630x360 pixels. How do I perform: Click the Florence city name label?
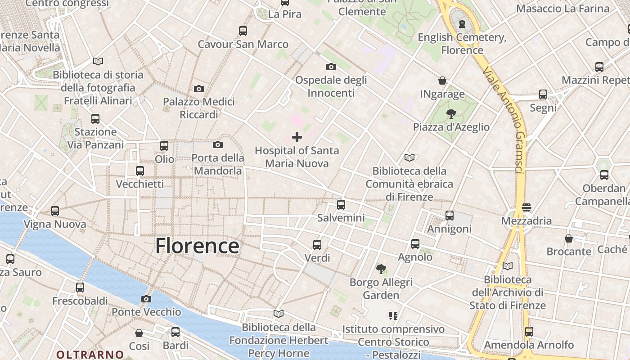197,246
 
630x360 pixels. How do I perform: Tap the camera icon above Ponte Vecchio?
146,299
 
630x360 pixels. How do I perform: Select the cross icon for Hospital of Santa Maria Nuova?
297,137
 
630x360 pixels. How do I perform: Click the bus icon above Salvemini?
341,205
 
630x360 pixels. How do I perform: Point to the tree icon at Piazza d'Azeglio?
451,114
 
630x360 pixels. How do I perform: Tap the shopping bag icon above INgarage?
442,81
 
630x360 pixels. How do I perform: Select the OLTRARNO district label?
90,355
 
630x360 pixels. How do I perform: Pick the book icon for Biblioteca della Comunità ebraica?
409,157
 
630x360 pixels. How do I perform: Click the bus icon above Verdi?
317,245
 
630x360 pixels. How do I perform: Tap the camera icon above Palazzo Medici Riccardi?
199,89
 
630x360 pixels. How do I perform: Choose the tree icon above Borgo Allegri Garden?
381,269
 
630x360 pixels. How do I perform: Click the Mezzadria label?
526,221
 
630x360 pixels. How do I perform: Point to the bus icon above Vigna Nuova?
55,211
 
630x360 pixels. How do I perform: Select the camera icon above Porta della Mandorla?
218,144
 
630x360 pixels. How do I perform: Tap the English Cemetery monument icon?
462,24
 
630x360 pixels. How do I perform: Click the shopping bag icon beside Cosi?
139,333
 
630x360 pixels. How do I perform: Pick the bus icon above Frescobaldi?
80,287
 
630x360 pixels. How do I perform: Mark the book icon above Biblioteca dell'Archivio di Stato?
508,266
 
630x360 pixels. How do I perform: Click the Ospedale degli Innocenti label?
331,86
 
